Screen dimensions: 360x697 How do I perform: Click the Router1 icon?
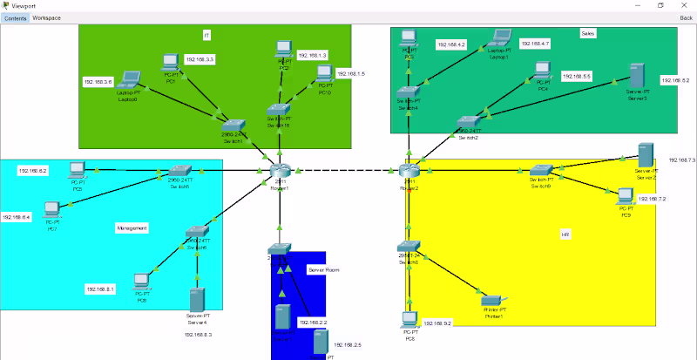point(279,171)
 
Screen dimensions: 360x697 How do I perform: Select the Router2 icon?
point(409,171)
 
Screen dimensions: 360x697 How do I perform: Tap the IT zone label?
point(206,35)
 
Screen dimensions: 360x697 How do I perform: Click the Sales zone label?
point(587,34)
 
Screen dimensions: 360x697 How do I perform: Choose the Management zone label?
point(132,228)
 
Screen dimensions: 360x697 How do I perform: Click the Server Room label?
point(323,270)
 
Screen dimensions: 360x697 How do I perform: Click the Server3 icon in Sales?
point(638,75)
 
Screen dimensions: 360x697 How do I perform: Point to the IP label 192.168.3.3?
point(200,59)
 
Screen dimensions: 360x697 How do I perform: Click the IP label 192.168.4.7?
point(535,43)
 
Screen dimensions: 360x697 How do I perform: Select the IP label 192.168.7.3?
point(681,160)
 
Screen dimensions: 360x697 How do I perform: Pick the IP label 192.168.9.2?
point(436,323)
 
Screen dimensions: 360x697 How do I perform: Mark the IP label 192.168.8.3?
point(198,334)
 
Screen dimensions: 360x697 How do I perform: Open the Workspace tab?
point(46,17)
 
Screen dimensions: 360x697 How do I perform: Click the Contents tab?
point(15,17)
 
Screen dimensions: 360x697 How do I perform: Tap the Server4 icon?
point(198,297)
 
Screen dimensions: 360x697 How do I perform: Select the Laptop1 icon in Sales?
point(499,38)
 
